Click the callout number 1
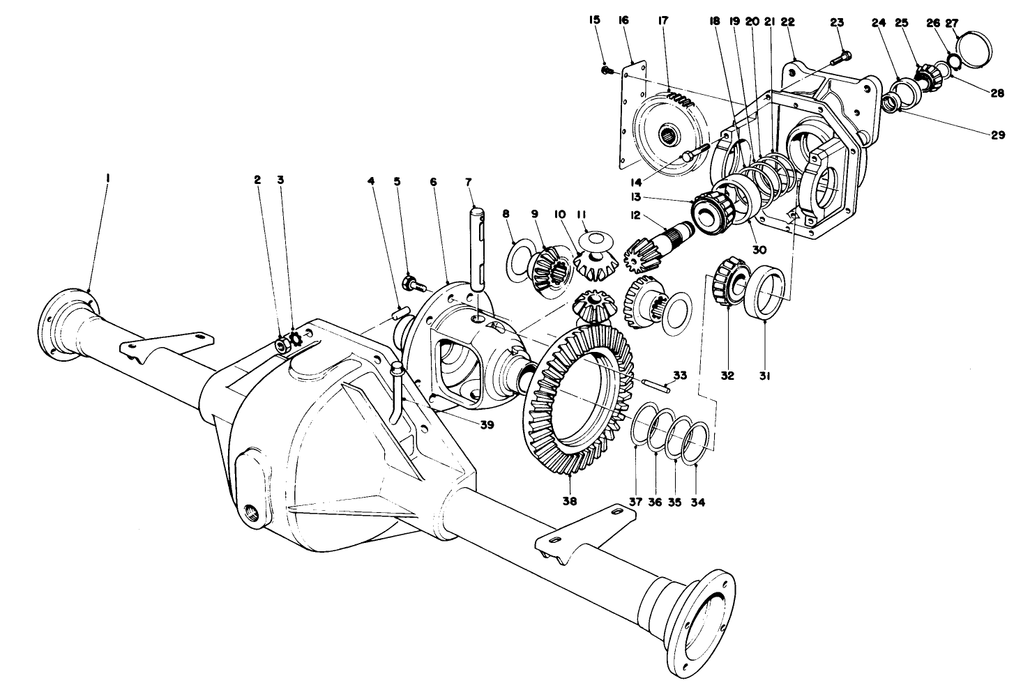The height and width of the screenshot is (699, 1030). pyautogui.click(x=107, y=179)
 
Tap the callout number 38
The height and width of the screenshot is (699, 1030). pyautogui.click(x=570, y=500)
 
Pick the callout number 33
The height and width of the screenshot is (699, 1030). pyautogui.click(x=679, y=375)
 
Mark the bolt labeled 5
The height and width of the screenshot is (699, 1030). pyautogui.click(x=410, y=284)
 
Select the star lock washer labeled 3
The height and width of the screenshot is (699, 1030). pyautogui.click(x=294, y=341)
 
